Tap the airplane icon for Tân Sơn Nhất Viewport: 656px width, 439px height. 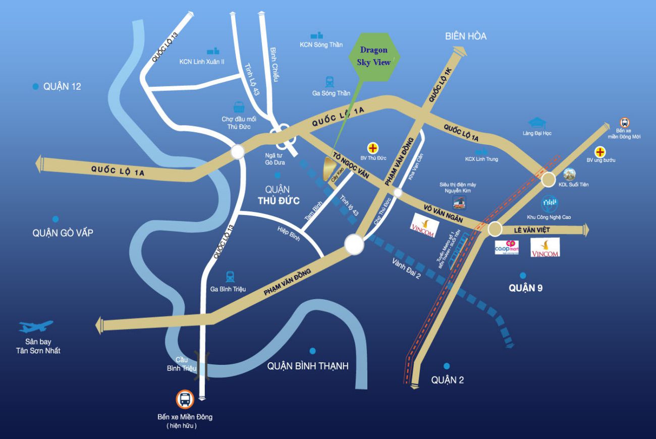[x=36, y=326]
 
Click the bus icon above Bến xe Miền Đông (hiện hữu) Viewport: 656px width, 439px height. [x=185, y=400]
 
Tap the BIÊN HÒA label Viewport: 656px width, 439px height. [x=466, y=36]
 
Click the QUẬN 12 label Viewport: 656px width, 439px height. [x=62, y=86]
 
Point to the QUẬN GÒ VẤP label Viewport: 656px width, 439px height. [x=63, y=233]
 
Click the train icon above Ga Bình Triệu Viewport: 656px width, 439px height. [x=230, y=276]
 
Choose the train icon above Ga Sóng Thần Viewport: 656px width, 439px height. [x=331, y=81]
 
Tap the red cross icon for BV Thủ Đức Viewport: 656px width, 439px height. [x=373, y=148]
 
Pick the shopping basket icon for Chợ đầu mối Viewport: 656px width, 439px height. [x=239, y=107]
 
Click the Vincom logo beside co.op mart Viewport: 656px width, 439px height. [x=545, y=247]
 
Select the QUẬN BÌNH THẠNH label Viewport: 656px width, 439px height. [x=308, y=366]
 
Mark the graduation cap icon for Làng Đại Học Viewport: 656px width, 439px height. [x=537, y=123]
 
